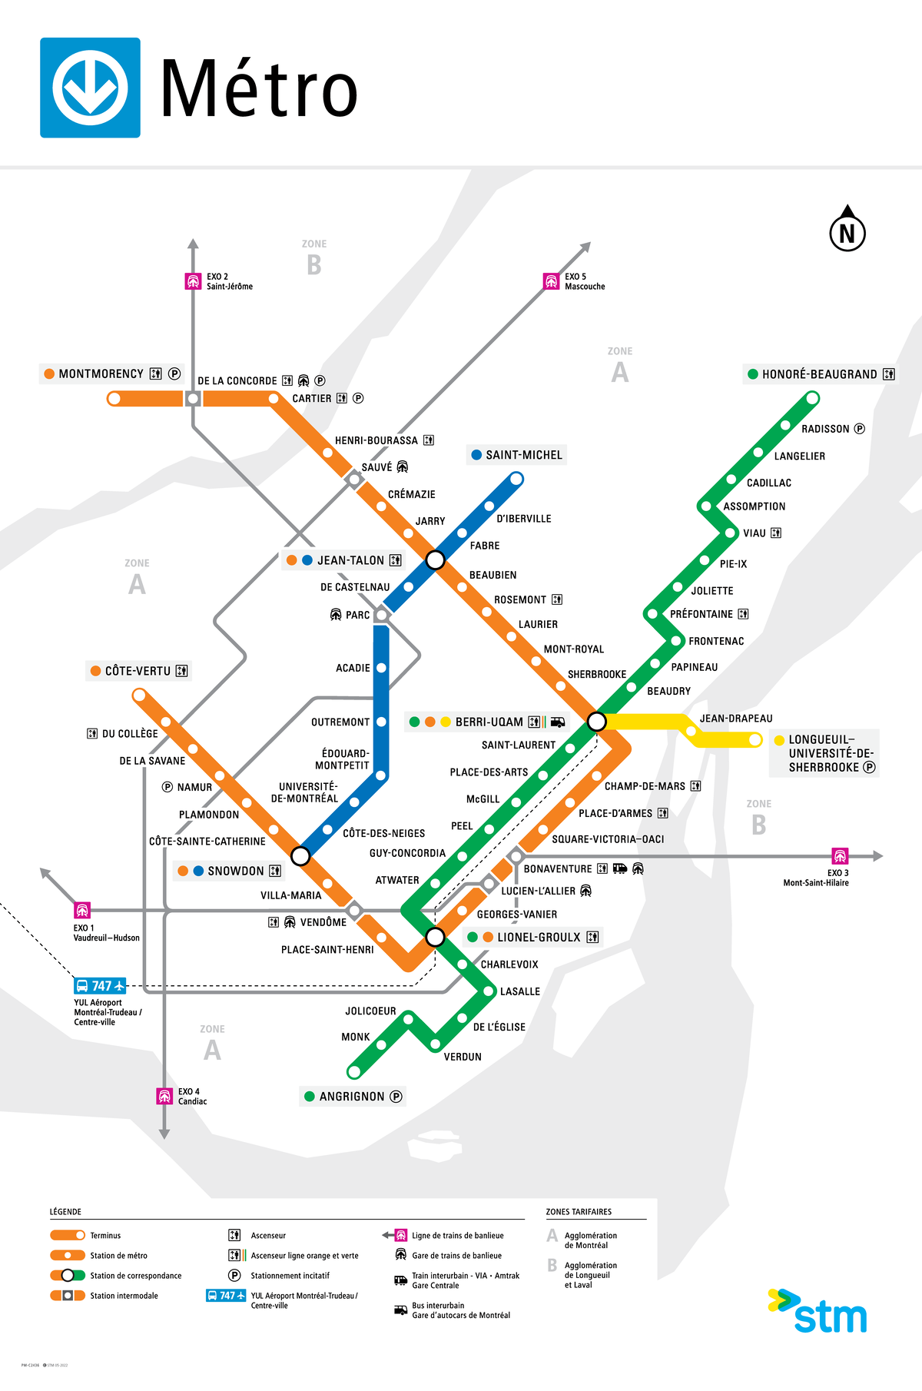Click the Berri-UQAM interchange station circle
click(596, 721)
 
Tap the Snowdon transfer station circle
click(300, 855)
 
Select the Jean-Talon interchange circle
click(435, 559)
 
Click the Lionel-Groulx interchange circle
click(435, 936)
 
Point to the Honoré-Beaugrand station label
click(819, 374)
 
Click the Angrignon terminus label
click(352, 1097)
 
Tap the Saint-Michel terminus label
click(523, 455)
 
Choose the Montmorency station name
click(101, 374)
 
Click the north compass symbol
click(847, 230)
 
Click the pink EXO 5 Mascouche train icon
click(551, 281)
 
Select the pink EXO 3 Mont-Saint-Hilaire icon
click(840, 856)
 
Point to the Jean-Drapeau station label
click(736, 719)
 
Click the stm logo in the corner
click(818, 1312)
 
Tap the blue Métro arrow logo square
click(90, 88)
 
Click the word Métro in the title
click(259, 89)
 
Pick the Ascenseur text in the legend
click(268, 1236)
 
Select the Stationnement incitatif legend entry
click(290, 1276)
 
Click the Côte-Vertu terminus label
click(138, 671)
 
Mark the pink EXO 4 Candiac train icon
click(164, 1096)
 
